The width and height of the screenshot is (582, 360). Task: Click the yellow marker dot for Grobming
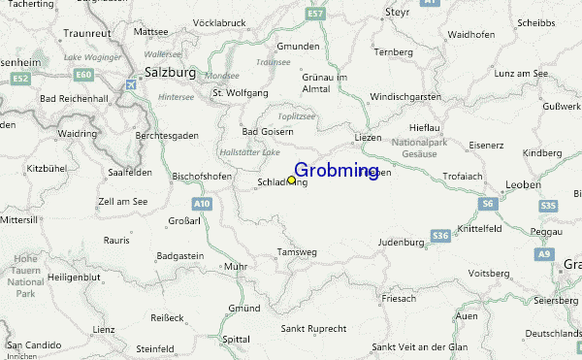point(291,180)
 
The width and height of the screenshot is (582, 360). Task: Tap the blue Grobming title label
point(336,171)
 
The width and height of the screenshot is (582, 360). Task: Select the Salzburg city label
point(170,72)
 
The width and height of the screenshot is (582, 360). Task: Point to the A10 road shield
point(202,204)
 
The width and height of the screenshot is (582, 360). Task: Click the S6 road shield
point(487,203)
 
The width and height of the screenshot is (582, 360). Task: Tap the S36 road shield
point(440,235)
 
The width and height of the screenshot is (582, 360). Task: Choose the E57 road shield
point(314,15)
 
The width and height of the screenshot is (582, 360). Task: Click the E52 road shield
point(22,77)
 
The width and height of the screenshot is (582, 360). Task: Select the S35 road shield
point(548,206)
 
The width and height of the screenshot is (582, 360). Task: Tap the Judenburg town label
point(401,242)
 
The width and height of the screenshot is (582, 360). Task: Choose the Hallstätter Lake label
point(249,152)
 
